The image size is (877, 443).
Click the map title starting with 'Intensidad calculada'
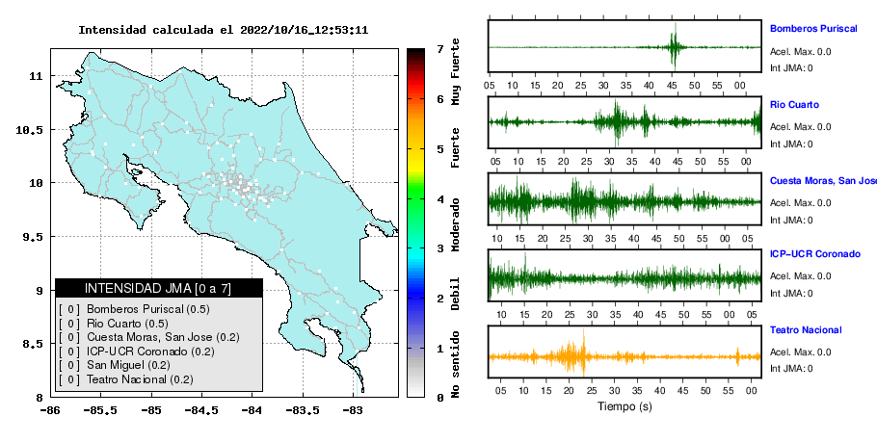[x=224, y=30]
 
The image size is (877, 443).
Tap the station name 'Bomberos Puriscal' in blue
[x=813, y=29]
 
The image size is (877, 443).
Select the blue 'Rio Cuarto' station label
[x=794, y=104]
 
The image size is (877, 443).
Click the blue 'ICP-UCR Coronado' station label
[x=815, y=253]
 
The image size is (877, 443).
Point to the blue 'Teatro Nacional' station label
[x=806, y=329]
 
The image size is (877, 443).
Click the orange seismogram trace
[x=625, y=356]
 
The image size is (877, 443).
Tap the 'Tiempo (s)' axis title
[x=625, y=406]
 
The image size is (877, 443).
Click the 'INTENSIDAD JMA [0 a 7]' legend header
[x=158, y=288]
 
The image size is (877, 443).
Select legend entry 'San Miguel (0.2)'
[x=128, y=365]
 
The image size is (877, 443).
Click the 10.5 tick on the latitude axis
[x=29, y=130]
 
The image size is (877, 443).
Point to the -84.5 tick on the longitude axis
[x=201, y=410]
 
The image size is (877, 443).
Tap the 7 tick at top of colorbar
[x=440, y=49]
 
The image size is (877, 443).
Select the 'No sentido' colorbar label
[x=455, y=364]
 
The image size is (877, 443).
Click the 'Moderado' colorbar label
[x=455, y=224]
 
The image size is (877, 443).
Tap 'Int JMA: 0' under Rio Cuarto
[x=791, y=144]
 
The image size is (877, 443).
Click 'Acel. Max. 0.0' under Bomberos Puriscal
[x=800, y=52]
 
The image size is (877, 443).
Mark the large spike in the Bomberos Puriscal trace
[x=675, y=46]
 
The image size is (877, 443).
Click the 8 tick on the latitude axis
[x=40, y=398]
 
